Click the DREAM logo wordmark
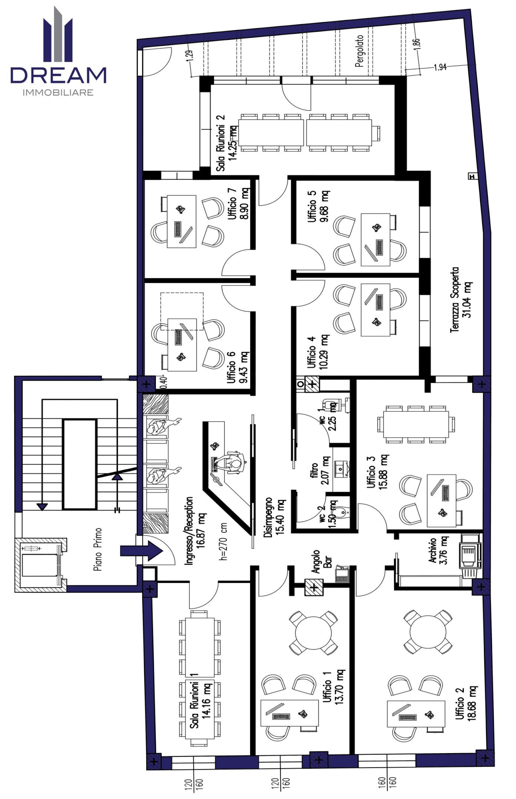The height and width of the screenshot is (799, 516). (x=58, y=75)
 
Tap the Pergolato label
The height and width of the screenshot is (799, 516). (x=359, y=51)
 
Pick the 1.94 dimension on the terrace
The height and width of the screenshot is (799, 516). (x=440, y=67)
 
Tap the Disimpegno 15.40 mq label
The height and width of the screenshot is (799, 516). (x=274, y=518)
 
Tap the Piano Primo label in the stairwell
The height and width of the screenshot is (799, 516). (x=98, y=549)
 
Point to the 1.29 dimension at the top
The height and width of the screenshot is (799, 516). (x=189, y=55)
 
